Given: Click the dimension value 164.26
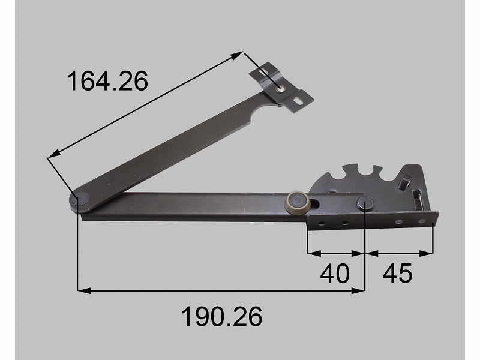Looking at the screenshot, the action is tap(107, 81).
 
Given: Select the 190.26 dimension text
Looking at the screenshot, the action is tap(222, 316).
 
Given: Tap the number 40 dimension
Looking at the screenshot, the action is tap(335, 273).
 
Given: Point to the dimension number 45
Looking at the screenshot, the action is tap(397, 273).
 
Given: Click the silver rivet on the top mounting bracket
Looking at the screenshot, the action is tap(280, 89).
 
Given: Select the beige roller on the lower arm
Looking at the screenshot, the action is tap(297, 202).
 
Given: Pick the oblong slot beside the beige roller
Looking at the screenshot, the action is tap(316, 203).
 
